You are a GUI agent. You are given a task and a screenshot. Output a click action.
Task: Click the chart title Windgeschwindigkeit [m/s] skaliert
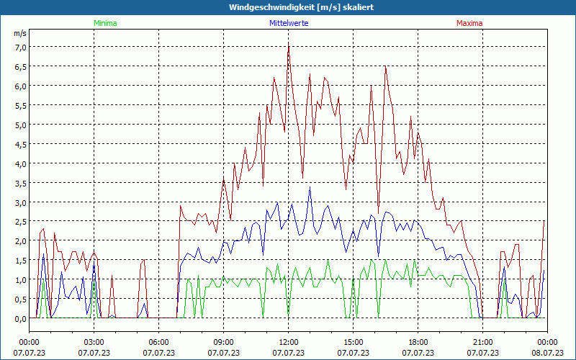coord(287,7)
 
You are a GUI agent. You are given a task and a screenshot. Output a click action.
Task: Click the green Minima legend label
coord(104,23)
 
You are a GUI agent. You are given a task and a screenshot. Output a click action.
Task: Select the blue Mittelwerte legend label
coord(288,23)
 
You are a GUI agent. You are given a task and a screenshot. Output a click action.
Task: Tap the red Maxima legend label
coord(469,23)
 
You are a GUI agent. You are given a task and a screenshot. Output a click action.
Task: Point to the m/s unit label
coord(20,33)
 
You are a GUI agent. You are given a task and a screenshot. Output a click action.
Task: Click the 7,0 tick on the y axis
coord(20,47)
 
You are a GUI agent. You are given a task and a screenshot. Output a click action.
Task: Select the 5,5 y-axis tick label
coord(20,105)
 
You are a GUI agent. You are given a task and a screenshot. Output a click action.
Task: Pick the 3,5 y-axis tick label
coord(20,183)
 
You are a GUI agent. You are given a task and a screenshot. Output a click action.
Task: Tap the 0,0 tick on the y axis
coord(20,318)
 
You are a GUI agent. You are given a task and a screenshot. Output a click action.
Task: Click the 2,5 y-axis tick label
coord(20,222)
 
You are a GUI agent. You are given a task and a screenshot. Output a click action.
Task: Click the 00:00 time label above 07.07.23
coord(29,342)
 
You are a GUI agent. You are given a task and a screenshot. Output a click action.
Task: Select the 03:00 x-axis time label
coord(94,342)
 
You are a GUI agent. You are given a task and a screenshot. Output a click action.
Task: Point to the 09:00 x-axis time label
coord(223,342)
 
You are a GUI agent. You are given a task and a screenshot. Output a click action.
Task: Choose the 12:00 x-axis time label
coord(288,342)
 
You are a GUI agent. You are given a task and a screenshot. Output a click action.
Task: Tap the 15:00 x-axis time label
coord(353,342)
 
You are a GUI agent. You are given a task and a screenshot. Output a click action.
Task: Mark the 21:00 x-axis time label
coord(482,342)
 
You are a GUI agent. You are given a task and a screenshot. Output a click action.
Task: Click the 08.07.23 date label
coord(547,353)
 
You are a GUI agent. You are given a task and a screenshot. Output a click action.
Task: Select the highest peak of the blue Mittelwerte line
coord(310,187)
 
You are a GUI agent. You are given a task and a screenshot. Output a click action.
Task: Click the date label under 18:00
coord(418,353)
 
